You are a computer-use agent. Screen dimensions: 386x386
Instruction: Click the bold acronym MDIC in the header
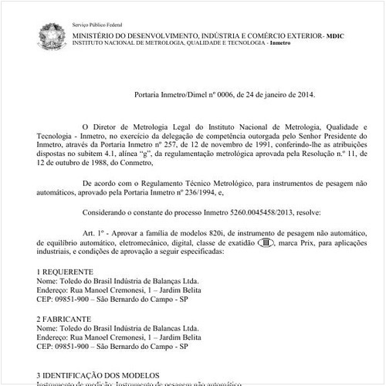click(337, 36)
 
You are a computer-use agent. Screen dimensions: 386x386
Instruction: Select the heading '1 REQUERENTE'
click(66, 273)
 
